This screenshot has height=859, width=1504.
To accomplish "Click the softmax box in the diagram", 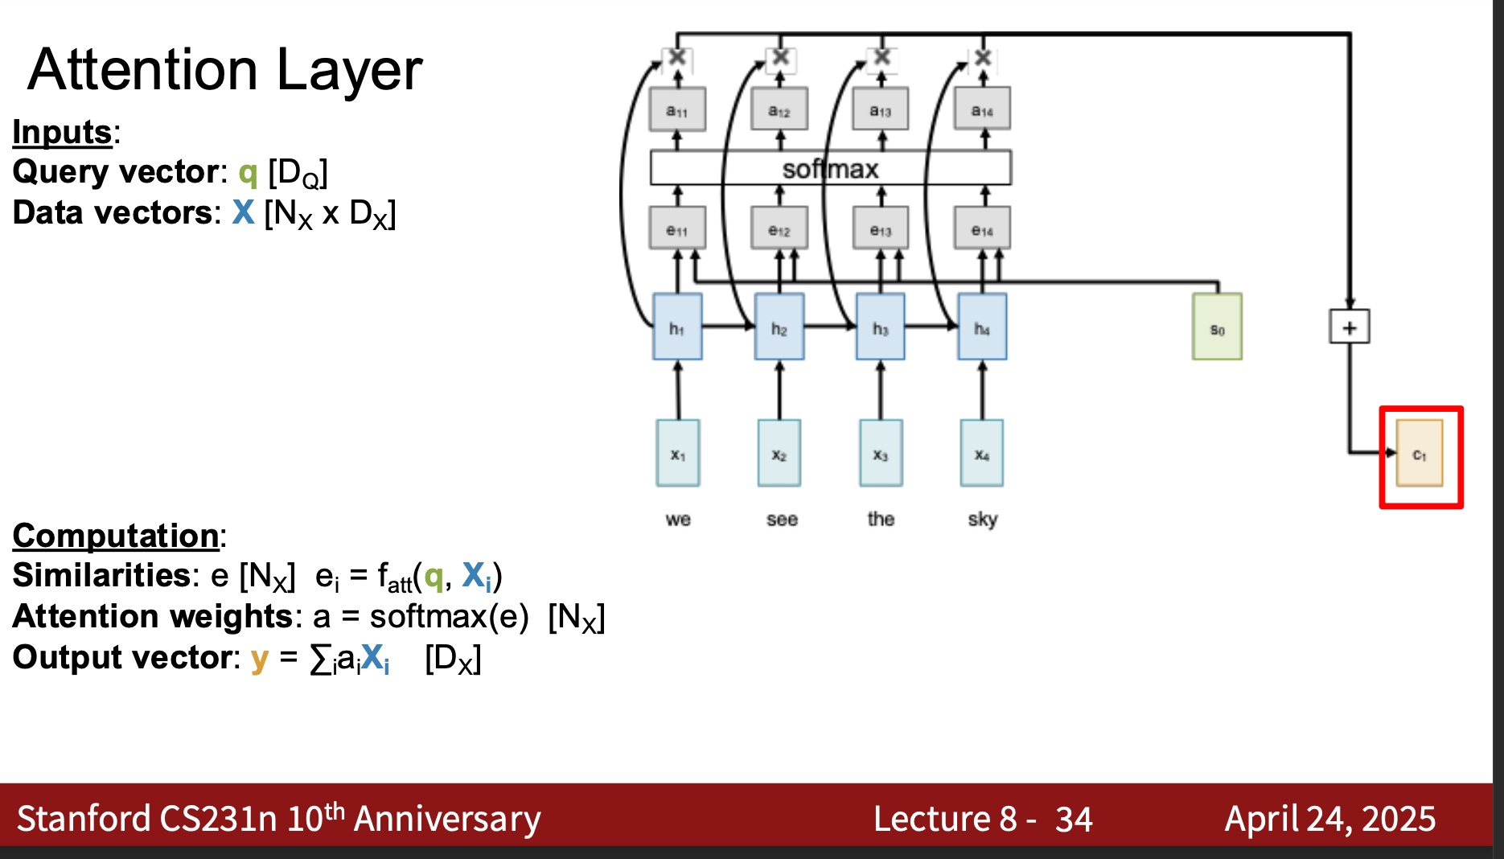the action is click(x=830, y=168).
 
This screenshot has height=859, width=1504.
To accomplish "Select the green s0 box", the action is click(x=1217, y=327).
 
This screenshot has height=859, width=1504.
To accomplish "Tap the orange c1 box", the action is click(x=1420, y=453).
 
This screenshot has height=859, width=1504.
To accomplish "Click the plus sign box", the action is click(x=1349, y=327).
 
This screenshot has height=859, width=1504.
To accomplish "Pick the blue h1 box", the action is click(x=677, y=327).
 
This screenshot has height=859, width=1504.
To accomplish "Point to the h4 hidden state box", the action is click(x=982, y=327).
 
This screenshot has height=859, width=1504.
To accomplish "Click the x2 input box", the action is click(x=779, y=453).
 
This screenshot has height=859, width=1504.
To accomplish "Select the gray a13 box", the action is click(x=881, y=109).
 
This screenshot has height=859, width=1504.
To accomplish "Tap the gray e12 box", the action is click(x=779, y=228).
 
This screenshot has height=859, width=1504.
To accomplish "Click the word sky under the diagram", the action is click(x=983, y=520).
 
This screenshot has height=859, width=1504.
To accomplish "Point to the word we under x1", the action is click(x=678, y=520).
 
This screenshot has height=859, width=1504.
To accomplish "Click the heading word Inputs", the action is click(x=62, y=132).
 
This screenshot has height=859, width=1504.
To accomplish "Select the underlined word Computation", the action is click(x=115, y=536).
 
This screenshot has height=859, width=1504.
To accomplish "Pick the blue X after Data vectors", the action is click(x=243, y=212).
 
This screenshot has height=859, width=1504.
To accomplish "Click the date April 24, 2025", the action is click(x=1330, y=819).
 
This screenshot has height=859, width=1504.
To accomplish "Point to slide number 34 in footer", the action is click(x=1074, y=820).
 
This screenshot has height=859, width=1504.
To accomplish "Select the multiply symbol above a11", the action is click(x=677, y=57).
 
